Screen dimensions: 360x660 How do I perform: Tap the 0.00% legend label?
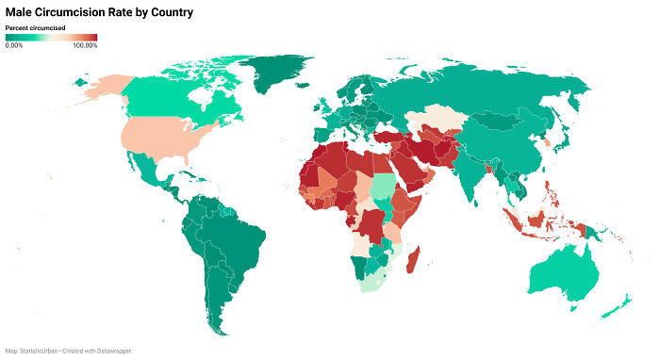(x=14, y=45)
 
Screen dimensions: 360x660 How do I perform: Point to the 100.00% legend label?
(x=85, y=45)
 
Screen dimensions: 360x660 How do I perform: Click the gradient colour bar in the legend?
(x=51, y=38)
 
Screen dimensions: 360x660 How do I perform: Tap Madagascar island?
(x=413, y=257)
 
